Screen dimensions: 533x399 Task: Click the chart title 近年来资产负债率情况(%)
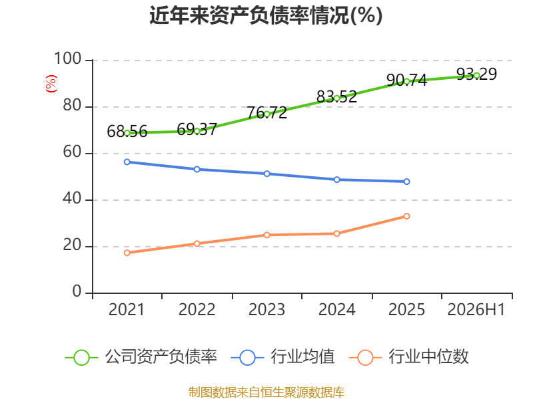[x=266, y=15]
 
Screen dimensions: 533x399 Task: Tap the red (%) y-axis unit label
[x=51, y=84]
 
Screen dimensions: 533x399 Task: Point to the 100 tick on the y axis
[x=68, y=59]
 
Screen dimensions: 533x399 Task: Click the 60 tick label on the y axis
[x=72, y=152]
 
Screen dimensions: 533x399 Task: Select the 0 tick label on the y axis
[x=77, y=291]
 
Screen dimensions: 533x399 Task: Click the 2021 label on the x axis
[x=127, y=309]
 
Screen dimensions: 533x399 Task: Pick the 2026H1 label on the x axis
[x=476, y=309]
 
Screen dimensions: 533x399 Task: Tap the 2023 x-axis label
[x=266, y=309]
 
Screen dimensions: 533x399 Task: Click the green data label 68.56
[x=127, y=131]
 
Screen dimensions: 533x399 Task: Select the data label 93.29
[x=476, y=74]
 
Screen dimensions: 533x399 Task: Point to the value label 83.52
[x=336, y=96]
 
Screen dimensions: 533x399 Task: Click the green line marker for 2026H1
[x=476, y=76]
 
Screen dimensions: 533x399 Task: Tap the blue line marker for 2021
[x=127, y=162]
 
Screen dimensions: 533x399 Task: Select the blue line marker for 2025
[x=406, y=182]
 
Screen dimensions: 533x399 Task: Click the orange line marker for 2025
[x=406, y=216]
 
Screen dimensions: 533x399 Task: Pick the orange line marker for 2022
[x=197, y=243]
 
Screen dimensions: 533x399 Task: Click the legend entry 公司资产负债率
[x=141, y=357]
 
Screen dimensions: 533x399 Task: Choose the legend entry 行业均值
[x=282, y=357]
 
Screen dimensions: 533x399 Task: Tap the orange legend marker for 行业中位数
[x=365, y=358]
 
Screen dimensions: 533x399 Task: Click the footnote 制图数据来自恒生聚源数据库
[x=266, y=392]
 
